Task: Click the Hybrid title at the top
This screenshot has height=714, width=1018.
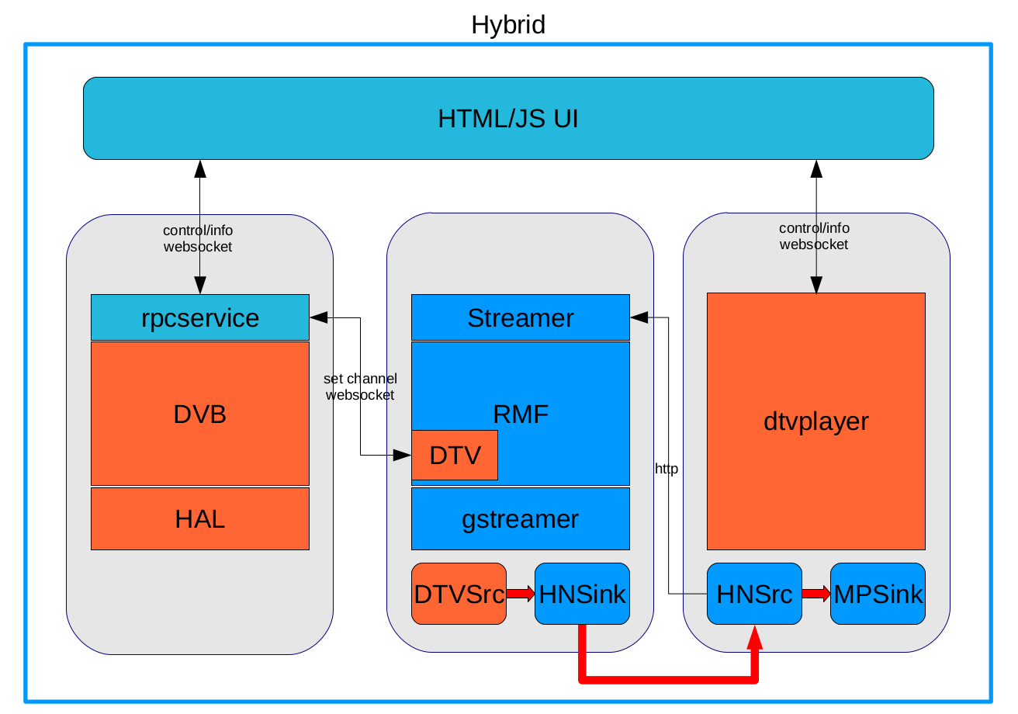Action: [508, 25]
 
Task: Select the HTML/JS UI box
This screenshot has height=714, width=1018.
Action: [508, 118]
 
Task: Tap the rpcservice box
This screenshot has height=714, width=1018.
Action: [200, 317]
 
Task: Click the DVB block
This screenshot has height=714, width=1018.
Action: [200, 414]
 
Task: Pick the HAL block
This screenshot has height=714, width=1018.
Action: [200, 518]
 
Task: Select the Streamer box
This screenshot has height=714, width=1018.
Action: [521, 317]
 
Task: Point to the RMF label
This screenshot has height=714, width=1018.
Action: [521, 414]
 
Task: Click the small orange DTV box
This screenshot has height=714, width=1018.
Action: [455, 455]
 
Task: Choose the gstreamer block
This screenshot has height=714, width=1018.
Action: [521, 518]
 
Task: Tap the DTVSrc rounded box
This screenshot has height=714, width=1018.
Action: [459, 594]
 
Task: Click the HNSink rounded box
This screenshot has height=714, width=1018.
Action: [582, 594]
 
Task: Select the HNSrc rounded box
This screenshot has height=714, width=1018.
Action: [754, 594]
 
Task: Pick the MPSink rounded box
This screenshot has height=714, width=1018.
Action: [878, 594]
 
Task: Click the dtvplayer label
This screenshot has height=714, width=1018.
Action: [816, 421]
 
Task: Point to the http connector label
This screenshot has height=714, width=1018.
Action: [667, 469]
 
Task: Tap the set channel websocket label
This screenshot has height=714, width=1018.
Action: [360, 386]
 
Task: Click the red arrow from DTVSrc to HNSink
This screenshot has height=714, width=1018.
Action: [521, 594]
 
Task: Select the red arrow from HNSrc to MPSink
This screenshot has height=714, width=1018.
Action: [816, 594]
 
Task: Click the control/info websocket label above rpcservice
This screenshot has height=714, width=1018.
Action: [198, 238]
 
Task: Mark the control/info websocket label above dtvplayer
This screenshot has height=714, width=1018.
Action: [814, 237]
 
